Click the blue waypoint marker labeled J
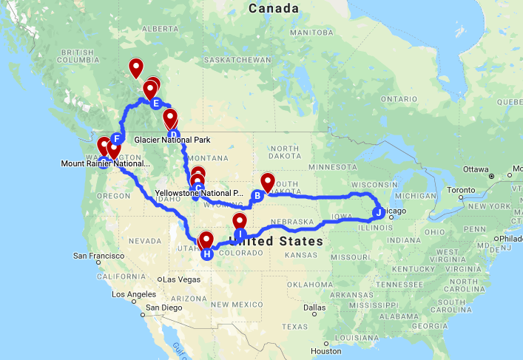click(x=378, y=213)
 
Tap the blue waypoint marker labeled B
click(x=257, y=196)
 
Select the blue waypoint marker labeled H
click(x=207, y=254)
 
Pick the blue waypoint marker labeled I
click(x=240, y=234)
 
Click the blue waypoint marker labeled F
click(x=116, y=138)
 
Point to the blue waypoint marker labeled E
click(x=155, y=103)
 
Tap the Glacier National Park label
click(x=172, y=140)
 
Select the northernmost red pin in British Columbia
click(x=136, y=68)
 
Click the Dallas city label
click(x=313, y=307)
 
